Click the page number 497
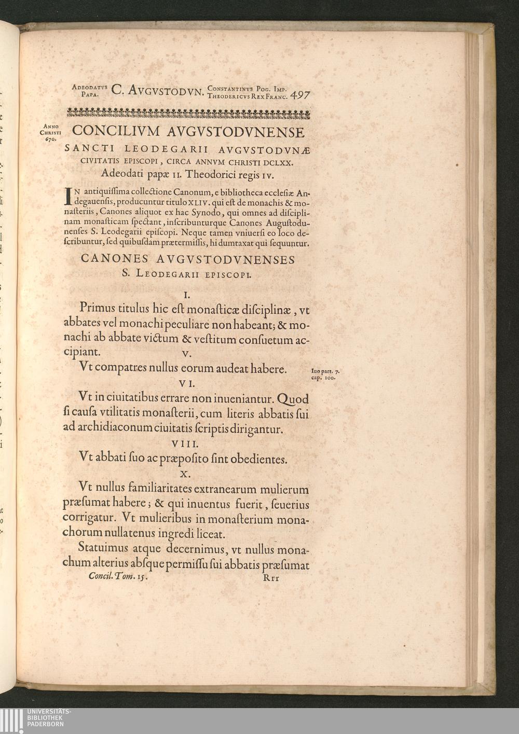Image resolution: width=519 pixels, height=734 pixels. [301, 95]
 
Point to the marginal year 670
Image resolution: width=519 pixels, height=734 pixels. [50, 140]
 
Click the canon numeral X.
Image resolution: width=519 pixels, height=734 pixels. [185, 474]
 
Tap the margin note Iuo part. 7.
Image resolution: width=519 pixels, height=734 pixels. [325, 371]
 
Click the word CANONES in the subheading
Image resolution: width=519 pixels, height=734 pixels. [114, 259]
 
